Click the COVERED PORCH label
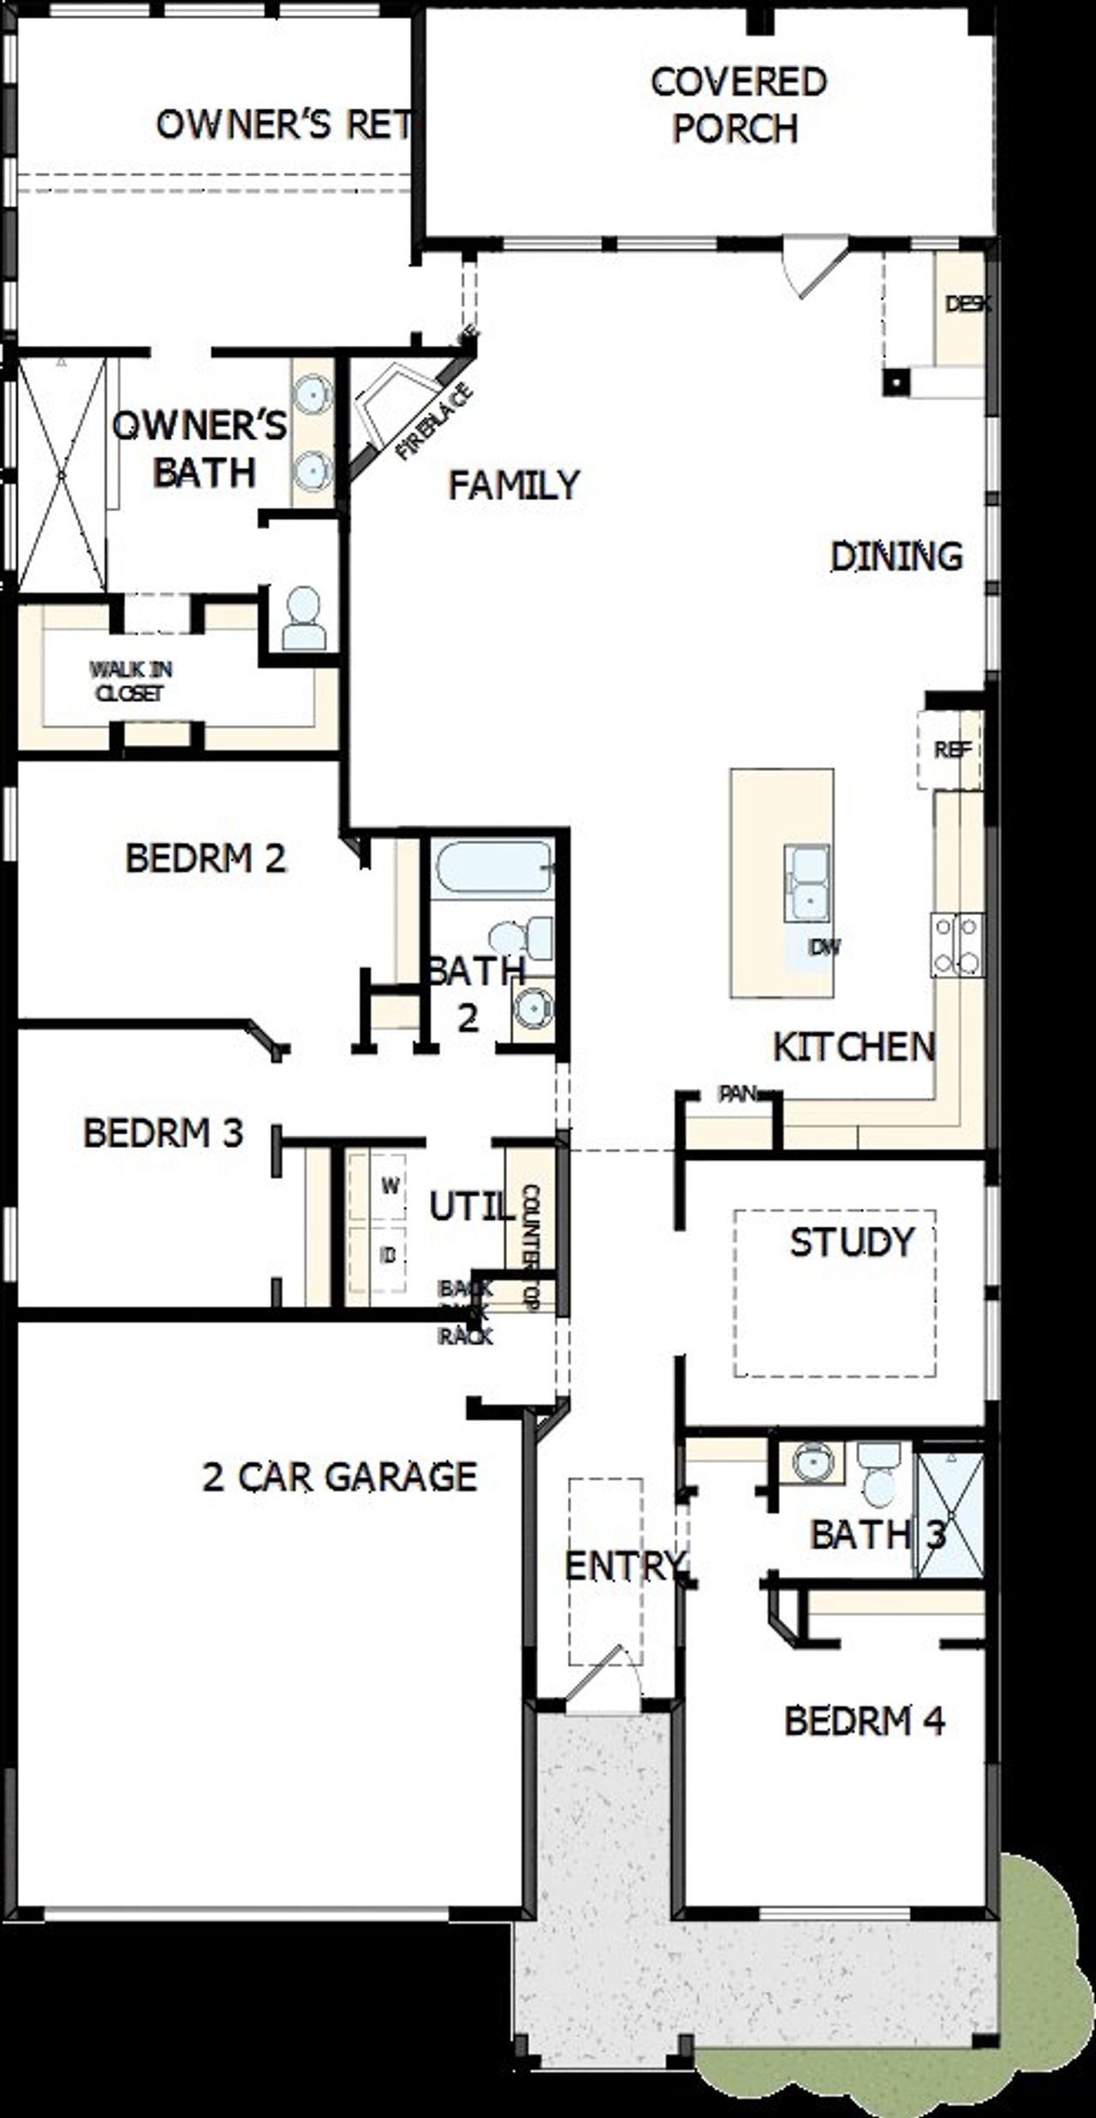(x=738, y=105)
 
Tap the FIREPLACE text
(x=435, y=422)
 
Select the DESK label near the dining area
(x=968, y=304)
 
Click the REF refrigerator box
(x=951, y=750)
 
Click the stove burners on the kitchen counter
(x=957, y=945)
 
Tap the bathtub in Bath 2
(x=491, y=869)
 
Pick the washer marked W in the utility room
(x=390, y=1186)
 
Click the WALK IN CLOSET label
(x=130, y=681)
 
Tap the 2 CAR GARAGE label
(x=339, y=1476)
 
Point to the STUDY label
(x=851, y=1242)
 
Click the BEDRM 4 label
(x=864, y=1720)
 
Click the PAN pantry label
(x=737, y=1093)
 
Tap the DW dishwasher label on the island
(x=824, y=947)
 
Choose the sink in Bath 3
(x=808, y=1462)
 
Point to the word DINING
(x=896, y=556)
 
